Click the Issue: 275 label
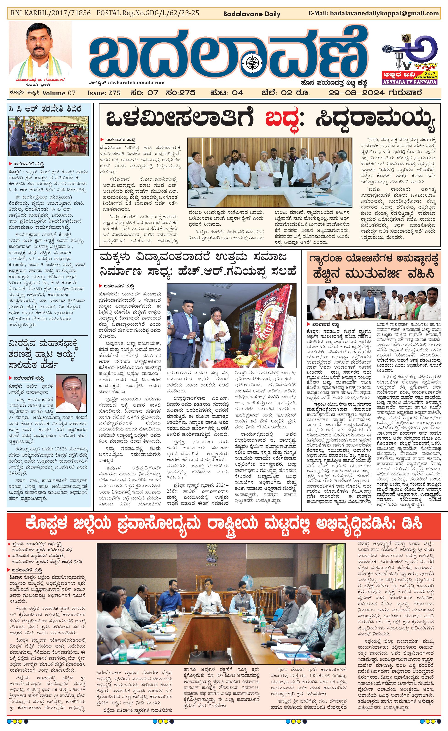pyautogui.click(x=104, y=93)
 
